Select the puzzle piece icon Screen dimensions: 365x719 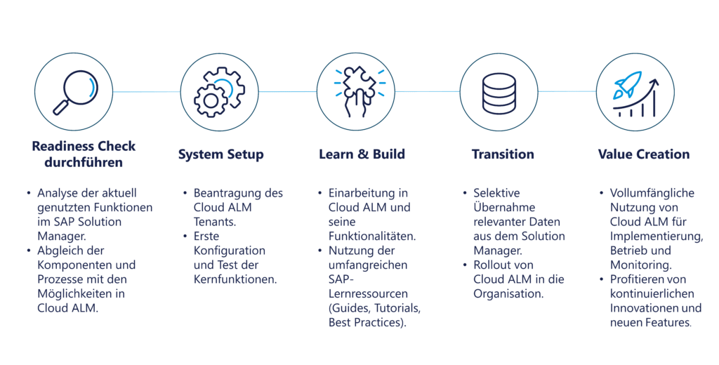[359, 91]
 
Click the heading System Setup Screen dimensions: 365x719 [221, 154]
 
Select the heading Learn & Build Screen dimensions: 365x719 [362, 154]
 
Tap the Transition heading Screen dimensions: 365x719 [503, 154]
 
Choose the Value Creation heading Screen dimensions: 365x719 [644, 154]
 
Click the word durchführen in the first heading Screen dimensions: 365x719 [84, 163]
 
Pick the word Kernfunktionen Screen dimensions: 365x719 [235, 279]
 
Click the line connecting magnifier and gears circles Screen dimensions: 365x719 [147, 92]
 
